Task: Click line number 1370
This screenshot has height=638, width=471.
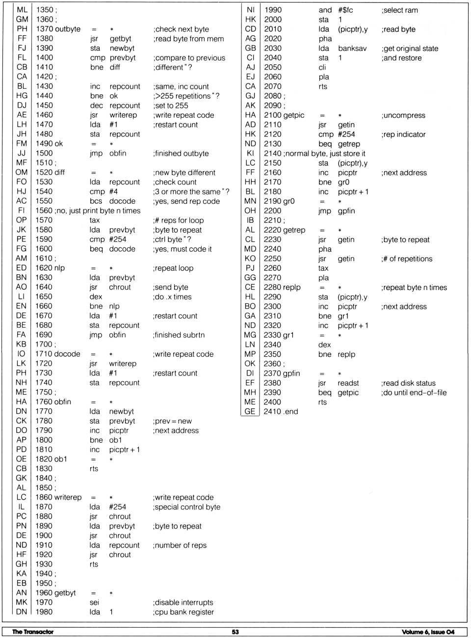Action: point(44,29)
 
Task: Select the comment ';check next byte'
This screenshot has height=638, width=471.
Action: point(181,29)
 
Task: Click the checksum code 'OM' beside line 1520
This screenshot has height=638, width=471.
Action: point(22,172)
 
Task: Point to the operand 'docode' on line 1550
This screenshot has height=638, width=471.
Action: point(122,201)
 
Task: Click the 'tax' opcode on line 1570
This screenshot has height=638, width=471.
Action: point(95,220)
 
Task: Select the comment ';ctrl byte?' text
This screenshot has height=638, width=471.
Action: point(172,239)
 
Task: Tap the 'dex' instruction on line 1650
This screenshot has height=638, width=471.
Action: point(96,297)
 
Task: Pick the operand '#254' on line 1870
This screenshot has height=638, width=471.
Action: point(117,507)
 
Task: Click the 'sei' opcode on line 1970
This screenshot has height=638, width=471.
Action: point(94,602)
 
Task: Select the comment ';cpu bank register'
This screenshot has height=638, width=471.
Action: point(183,612)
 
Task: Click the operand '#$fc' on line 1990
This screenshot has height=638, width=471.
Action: point(345,10)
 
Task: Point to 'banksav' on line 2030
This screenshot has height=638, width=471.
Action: point(352,48)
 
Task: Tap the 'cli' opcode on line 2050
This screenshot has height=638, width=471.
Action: point(322,67)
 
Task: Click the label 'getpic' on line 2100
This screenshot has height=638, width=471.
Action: point(294,115)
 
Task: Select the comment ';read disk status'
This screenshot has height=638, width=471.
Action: point(408,383)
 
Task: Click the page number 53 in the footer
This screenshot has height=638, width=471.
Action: point(235,632)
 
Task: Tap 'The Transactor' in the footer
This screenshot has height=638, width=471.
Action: point(33,632)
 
